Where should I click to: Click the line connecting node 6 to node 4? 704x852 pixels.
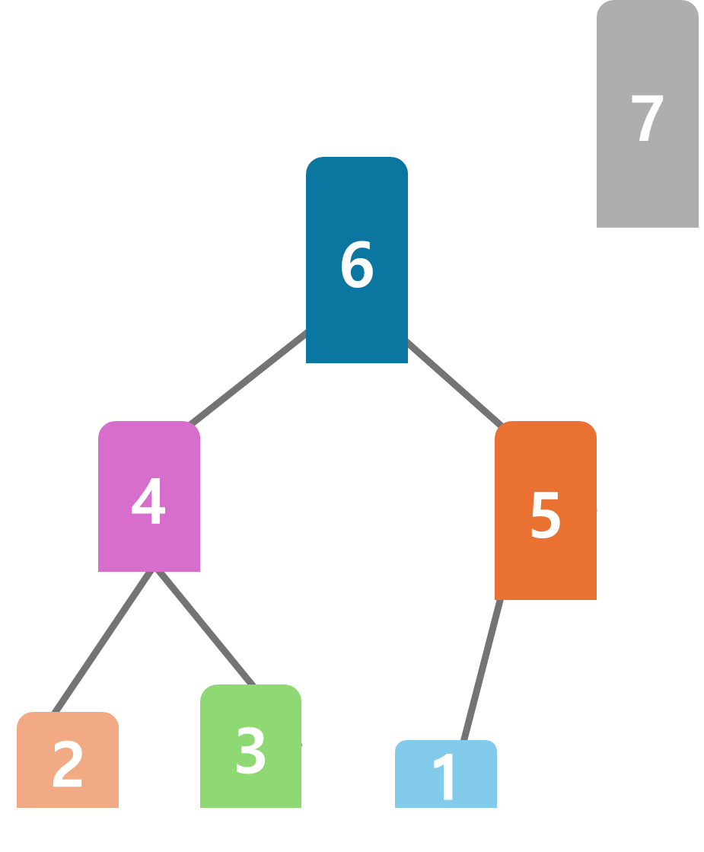[247, 377]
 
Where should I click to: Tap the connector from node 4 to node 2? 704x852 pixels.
[104, 641]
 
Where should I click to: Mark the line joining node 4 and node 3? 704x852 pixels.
[204, 627]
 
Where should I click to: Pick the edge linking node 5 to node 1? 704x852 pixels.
[483, 670]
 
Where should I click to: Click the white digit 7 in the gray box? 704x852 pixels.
[647, 119]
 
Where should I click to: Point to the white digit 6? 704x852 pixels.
[356, 265]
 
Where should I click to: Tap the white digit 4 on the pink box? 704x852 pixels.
[148, 503]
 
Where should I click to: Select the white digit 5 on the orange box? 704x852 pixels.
[545, 516]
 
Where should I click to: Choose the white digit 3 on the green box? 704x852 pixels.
[250, 751]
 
